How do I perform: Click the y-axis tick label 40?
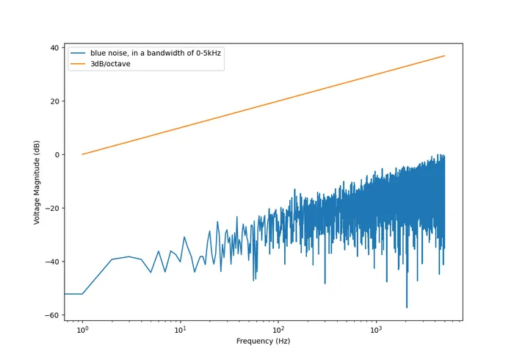(x=54, y=48)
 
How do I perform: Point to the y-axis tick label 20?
(x=54, y=101)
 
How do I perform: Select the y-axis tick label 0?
(x=56, y=155)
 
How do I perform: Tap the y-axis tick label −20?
(x=51, y=208)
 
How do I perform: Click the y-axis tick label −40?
(x=51, y=262)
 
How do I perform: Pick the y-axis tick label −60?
(x=51, y=315)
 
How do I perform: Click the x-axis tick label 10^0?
(x=82, y=331)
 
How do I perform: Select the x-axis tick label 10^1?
(x=180, y=331)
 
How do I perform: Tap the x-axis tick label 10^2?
(x=278, y=331)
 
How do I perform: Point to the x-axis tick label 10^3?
(x=376, y=331)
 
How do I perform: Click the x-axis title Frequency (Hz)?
(x=264, y=342)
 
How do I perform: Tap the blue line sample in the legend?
(x=78, y=53)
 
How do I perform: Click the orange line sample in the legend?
(x=78, y=64)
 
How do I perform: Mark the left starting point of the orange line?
(x=82, y=154)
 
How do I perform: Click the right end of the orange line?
(x=444, y=56)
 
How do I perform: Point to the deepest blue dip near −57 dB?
(x=407, y=307)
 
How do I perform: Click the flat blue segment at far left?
(x=73, y=294)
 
